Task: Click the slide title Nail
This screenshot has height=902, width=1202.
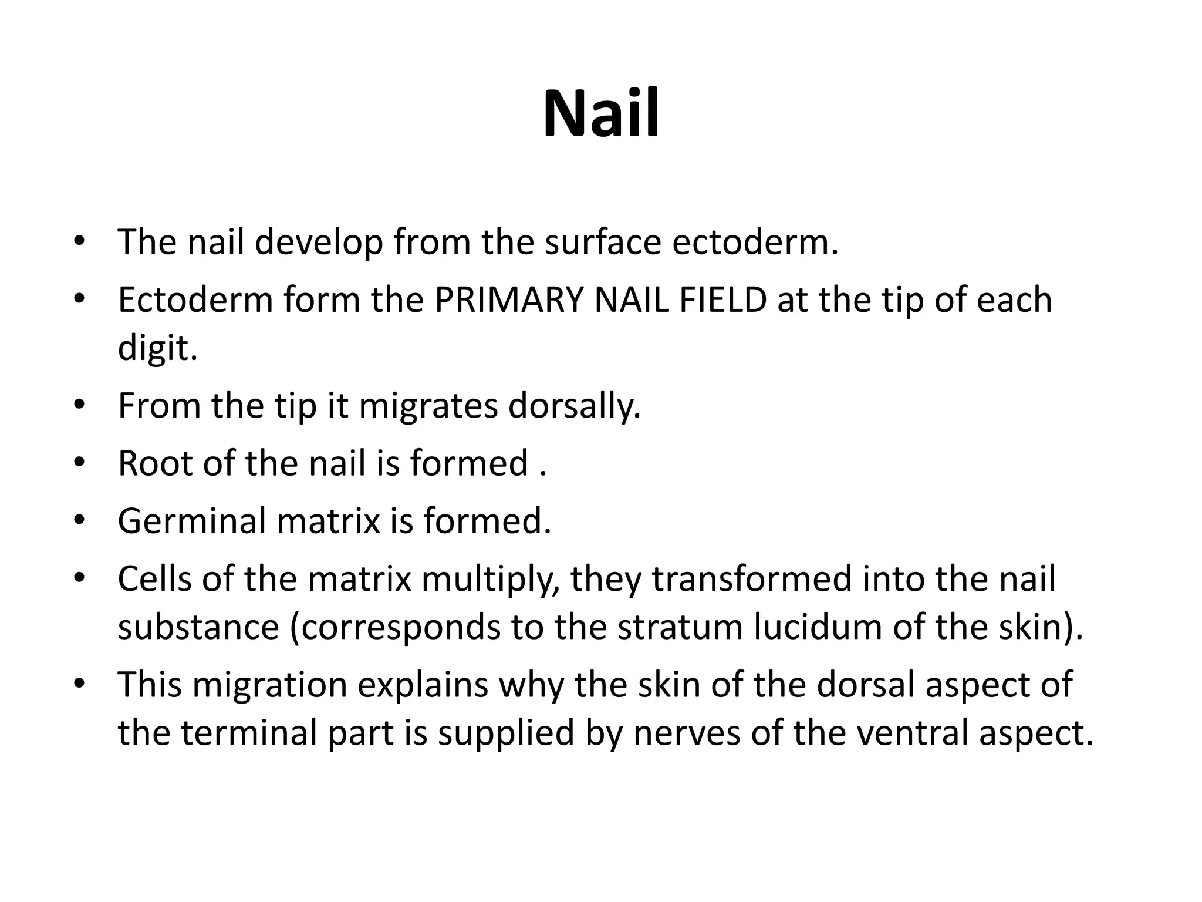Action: click(601, 113)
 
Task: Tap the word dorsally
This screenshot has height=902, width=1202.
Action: click(575, 406)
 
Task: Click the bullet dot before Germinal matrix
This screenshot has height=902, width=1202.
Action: click(80, 520)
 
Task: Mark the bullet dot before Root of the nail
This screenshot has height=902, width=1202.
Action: click(80, 462)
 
